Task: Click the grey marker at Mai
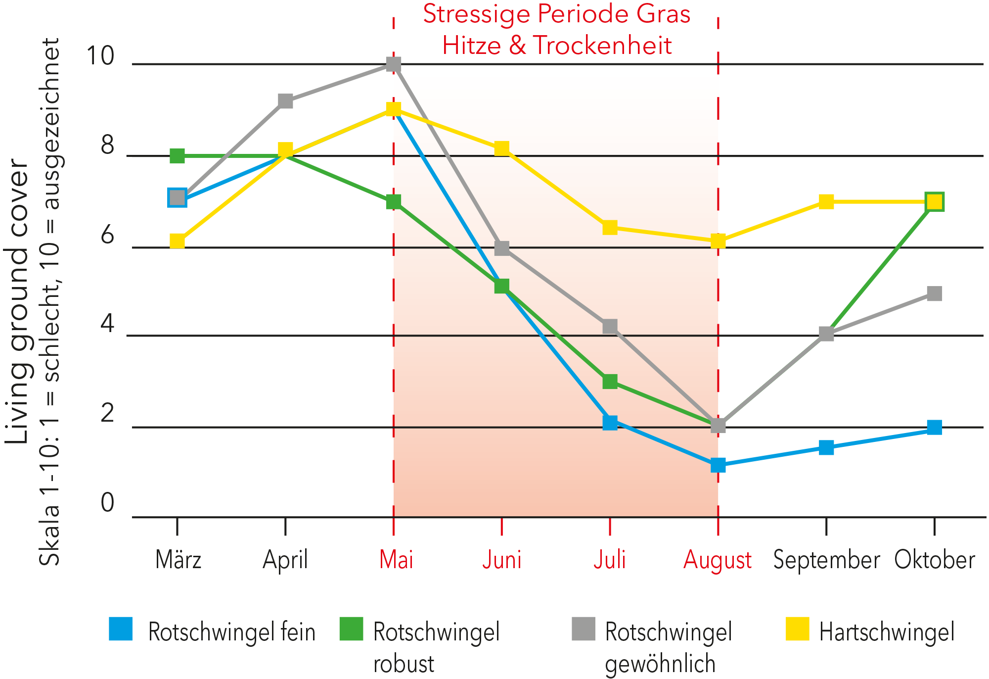pyautogui.click(x=394, y=64)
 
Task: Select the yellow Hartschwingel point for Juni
pyautogui.click(x=502, y=148)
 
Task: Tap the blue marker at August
pyautogui.click(x=718, y=465)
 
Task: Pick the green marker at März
pyautogui.click(x=177, y=156)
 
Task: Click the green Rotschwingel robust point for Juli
pyautogui.click(x=610, y=381)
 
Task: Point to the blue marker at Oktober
pyautogui.click(x=934, y=427)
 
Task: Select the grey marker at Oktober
pyautogui.click(x=934, y=293)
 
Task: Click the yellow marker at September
pyautogui.click(x=826, y=201)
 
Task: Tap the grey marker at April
pyautogui.click(x=285, y=101)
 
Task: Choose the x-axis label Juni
pyautogui.click(x=501, y=560)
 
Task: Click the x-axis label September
pyautogui.click(x=826, y=560)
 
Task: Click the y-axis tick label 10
pyautogui.click(x=100, y=55)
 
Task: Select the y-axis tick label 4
pyautogui.click(x=107, y=324)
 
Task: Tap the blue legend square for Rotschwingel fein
pyautogui.click(x=121, y=629)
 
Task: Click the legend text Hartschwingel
pyautogui.click(x=887, y=632)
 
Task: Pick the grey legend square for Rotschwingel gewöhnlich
pyautogui.click(x=583, y=629)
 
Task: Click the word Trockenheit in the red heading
pyautogui.click(x=602, y=46)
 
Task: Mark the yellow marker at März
pyautogui.click(x=177, y=241)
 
